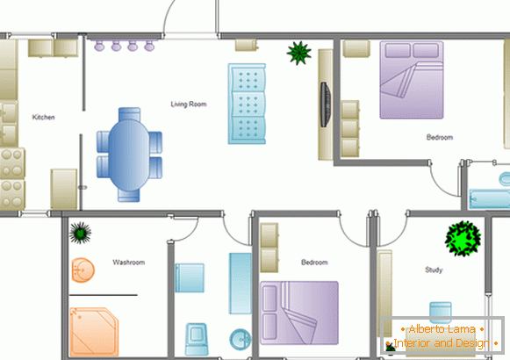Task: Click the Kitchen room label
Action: point(43,117)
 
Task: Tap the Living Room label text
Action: point(189,104)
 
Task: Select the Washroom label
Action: point(129,263)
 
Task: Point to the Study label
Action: point(434,270)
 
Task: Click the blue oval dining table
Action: point(129,155)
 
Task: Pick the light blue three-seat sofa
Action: point(247,104)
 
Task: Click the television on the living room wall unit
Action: point(326,104)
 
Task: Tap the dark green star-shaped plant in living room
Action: point(299,53)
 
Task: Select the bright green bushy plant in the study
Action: point(463,239)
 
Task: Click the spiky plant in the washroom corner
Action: point(80,233)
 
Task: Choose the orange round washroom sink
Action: point(83,270)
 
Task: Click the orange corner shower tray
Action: point(94,331)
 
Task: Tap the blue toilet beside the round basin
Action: point(197,339)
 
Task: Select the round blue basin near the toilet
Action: point(240,340)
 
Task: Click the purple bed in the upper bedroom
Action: point(412,80)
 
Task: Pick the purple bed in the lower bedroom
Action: point(299,313)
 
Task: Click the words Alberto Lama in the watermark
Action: point(442,329)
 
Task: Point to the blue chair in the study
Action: point(441,313)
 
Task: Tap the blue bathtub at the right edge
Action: point(489,198)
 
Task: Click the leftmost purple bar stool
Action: point(99,46)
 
